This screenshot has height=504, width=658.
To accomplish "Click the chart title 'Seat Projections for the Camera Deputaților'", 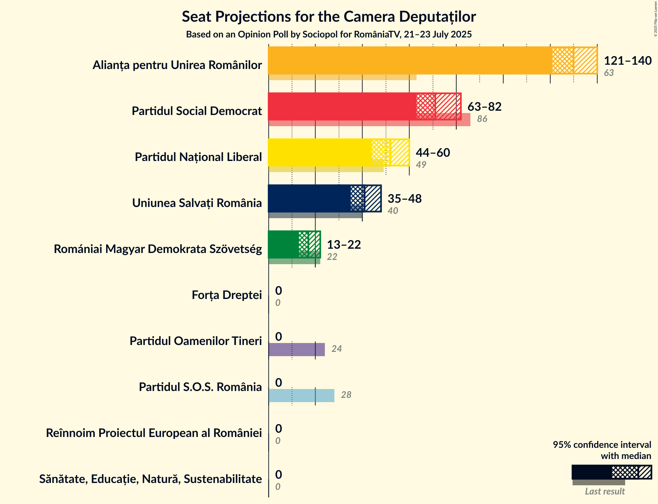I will [329, 17].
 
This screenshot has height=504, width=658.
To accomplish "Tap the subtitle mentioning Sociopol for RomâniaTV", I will [329, 34].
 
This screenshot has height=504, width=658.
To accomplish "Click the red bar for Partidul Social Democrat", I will [342, 106].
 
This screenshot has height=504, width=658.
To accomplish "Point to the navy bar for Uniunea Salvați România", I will [309, 198].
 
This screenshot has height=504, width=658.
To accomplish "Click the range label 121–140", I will [627, 61].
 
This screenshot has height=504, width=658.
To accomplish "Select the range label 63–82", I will [484, 107].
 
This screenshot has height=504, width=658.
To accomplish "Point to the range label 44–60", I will [433, 153].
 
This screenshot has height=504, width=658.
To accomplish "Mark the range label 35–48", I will [405, 199].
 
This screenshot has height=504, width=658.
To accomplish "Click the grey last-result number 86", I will [482, 119].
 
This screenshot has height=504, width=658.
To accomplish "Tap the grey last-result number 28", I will [346, 395].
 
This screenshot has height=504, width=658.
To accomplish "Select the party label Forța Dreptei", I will [227, 295].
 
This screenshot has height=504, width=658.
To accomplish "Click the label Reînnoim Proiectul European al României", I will [154, 433].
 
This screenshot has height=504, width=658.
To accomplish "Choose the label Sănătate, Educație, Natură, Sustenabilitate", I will [151, 479].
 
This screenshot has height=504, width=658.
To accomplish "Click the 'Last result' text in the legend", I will [605, 492].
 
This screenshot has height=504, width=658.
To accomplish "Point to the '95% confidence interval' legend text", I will [602, 445].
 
